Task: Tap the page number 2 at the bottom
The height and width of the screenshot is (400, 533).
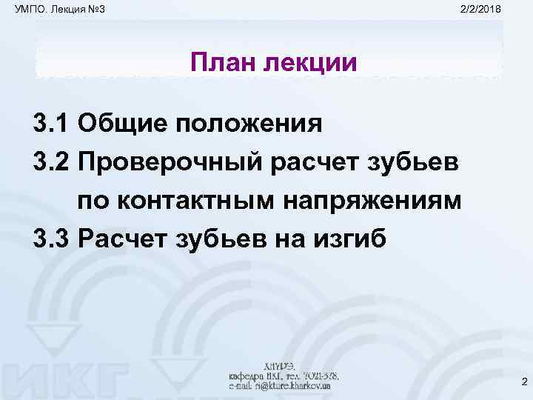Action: [x=523, y=382]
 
